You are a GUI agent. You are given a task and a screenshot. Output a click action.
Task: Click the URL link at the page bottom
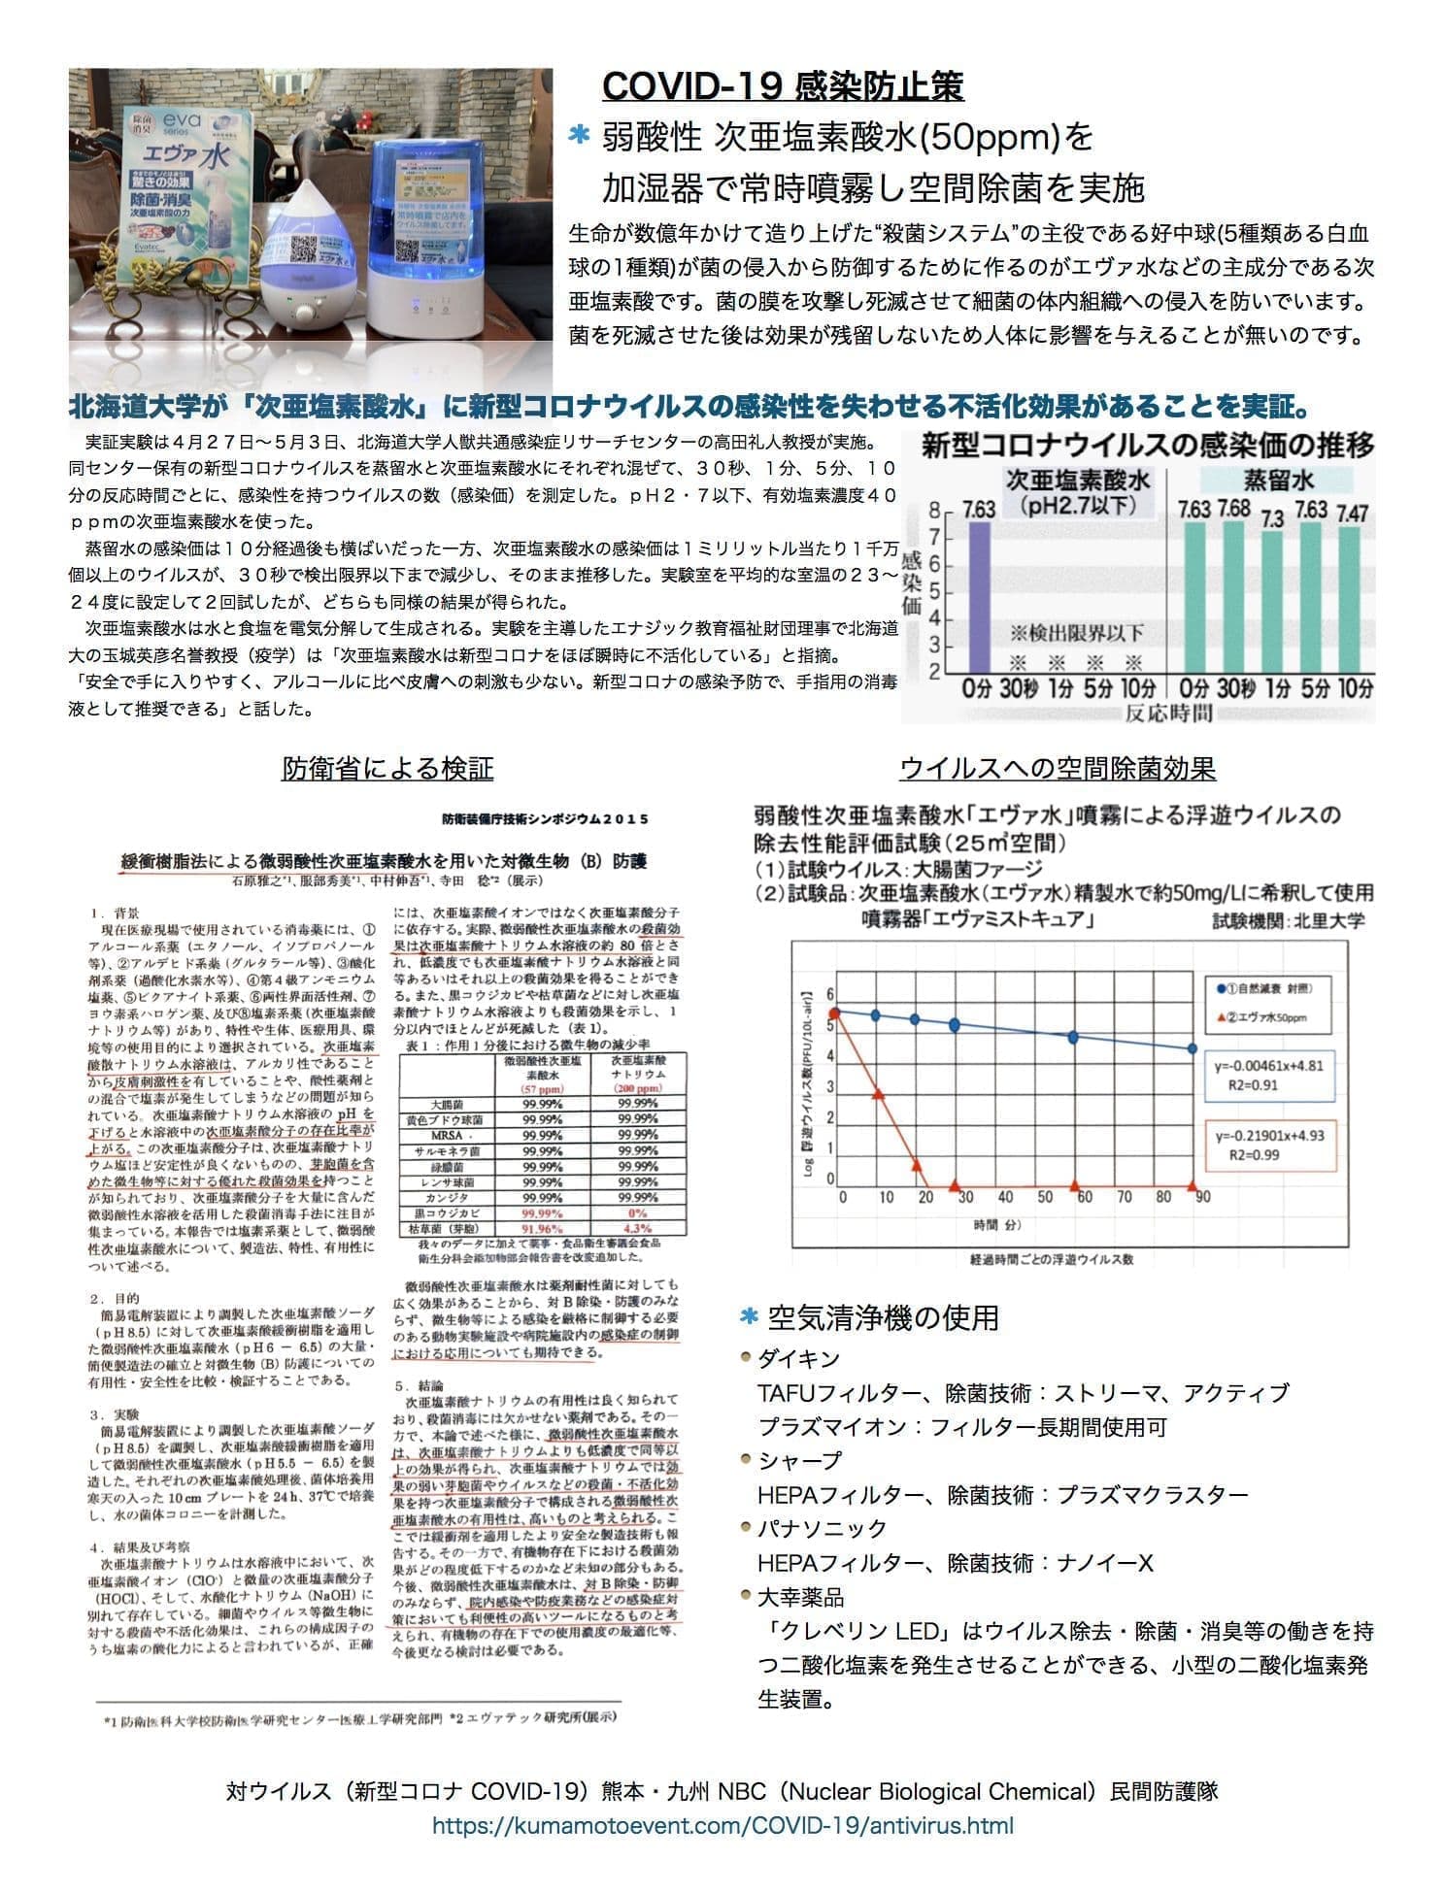722,1825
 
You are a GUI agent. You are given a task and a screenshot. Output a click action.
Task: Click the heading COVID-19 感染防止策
783,85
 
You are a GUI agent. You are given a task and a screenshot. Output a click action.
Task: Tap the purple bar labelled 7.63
978,597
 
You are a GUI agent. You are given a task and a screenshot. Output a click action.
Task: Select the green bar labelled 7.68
1233,597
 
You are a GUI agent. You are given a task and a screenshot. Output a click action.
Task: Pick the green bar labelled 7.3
1272,602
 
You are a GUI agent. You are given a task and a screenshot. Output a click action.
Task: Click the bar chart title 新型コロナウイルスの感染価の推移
1147,446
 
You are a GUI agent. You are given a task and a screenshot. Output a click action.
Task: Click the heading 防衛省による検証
387,769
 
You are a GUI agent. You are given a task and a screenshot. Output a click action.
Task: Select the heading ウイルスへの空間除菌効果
1058,769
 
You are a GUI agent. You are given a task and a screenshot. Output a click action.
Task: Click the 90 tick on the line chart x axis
1202,1197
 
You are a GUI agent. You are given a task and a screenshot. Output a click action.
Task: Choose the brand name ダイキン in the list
797,1358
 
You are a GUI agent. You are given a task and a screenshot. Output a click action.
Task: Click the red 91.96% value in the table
542,1228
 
